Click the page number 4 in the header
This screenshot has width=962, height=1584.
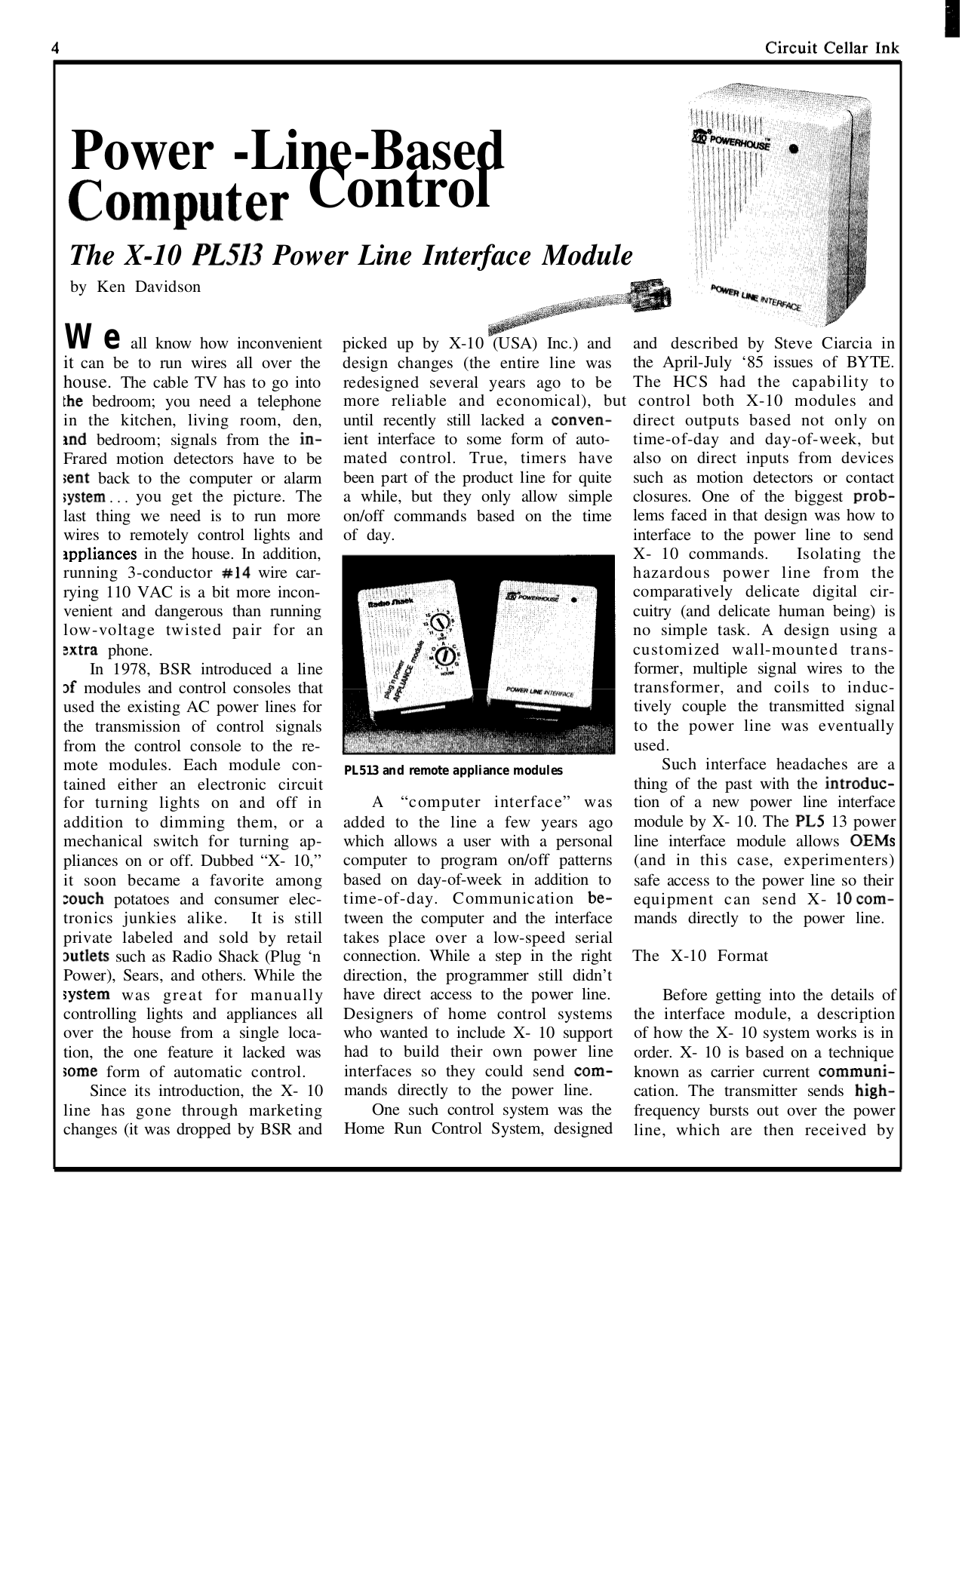(x=56, y=48)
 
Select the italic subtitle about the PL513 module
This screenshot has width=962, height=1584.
(x=351, y=256)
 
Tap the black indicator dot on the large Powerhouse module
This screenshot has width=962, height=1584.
(x=793, y=149)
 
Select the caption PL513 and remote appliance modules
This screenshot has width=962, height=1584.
(x=453, y=771)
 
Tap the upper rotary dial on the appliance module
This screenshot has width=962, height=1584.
(x=441, y=623)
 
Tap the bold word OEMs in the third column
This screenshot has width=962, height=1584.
(x=871, y=842)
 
